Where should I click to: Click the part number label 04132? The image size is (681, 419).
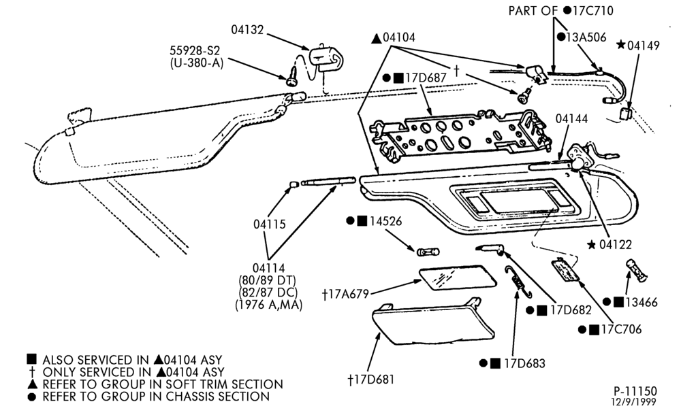247,30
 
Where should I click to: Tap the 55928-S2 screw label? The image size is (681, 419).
195,51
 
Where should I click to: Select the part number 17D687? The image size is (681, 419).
426,78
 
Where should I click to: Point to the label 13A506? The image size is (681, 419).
586,37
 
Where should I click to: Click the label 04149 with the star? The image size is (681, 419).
644,46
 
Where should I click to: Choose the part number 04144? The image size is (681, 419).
572,119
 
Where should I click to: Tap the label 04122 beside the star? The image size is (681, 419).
616,245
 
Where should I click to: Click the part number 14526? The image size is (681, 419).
385,221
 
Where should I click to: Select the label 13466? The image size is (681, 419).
641,302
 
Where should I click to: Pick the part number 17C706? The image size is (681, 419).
622,330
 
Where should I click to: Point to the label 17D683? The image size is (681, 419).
524,363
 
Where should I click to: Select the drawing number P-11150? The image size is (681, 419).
635,392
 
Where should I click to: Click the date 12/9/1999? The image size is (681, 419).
634,402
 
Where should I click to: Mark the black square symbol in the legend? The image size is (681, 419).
31,360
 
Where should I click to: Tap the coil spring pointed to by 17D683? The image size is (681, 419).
518,282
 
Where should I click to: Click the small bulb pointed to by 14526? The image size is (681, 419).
428,252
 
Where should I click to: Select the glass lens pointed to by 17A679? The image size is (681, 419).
458,278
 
